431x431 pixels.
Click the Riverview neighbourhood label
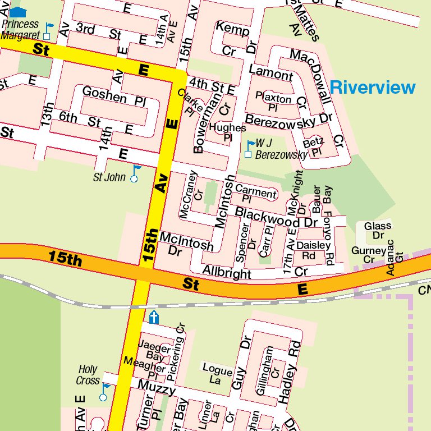(373, 88)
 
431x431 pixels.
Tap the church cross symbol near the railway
(154, 317)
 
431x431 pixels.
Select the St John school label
(109, 178)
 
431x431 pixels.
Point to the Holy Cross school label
(88, 375)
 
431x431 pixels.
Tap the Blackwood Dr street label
(276, 217)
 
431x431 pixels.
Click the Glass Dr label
(378, 230)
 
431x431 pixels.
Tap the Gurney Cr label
(369, 255)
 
